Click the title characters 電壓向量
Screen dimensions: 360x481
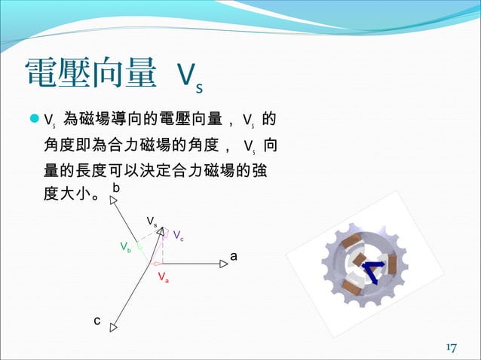[x=90, y=74]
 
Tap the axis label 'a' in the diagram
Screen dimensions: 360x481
[x=234, y=256]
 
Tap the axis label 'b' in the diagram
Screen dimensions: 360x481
[x=115, y=186]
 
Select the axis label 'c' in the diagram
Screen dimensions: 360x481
[x=97, y=321]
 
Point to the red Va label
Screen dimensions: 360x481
[x=163, y=277]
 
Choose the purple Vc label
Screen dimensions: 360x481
[x=179, y=236]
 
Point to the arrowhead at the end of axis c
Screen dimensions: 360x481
[x=114, y=327]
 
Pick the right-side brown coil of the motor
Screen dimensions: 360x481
[x=391, y=264]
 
